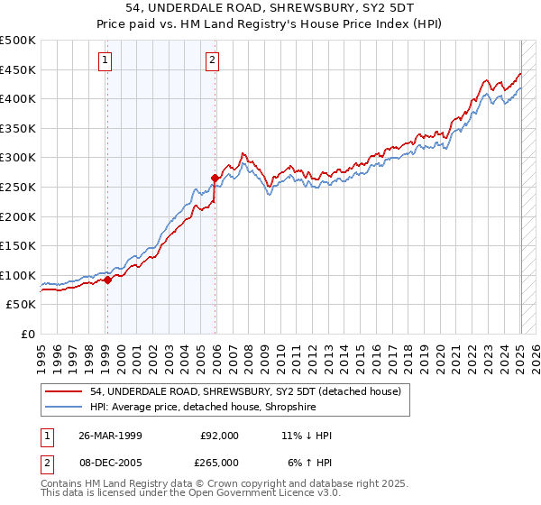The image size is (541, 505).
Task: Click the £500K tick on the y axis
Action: [18, 41]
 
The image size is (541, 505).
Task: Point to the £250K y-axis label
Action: [18, 187]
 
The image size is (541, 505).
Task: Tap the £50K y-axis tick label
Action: [22, 305]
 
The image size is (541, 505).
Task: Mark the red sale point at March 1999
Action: [107, 280]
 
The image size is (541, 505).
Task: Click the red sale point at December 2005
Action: [215, 178]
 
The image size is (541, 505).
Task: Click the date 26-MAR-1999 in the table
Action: [111, 436]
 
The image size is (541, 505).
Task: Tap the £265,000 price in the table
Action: [219, 463]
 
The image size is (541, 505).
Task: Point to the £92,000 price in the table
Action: [219, 436]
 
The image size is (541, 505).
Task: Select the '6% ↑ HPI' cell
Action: [308, 463]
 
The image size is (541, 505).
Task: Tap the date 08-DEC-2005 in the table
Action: [111, 463]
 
